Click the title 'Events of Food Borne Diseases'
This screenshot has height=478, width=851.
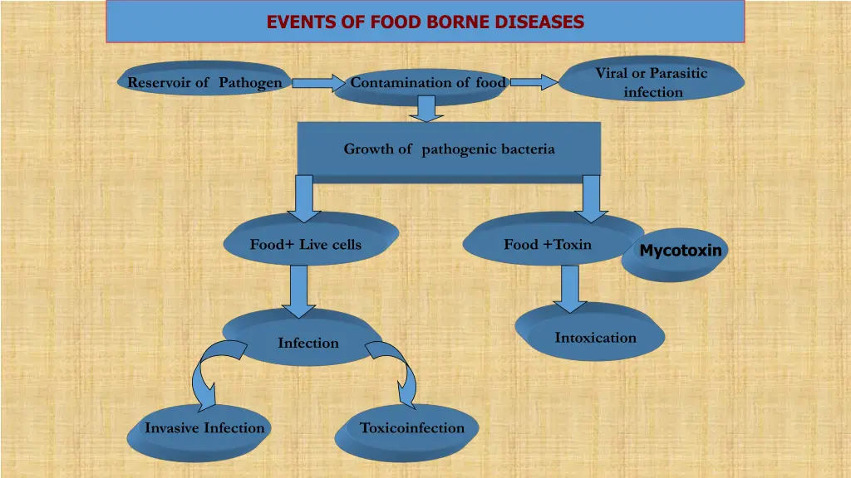click(425, 22)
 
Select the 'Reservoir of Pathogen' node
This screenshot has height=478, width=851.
click(204, 82)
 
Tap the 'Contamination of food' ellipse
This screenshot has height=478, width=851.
click(427, 83)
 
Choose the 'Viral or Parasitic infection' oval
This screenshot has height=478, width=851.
click(652, 81)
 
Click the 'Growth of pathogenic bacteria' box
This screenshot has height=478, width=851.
click(449, 149)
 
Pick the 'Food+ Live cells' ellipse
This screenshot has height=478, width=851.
click(306, 244)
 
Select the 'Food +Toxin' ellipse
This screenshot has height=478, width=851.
click(548, 244)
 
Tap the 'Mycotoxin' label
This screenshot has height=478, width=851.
click(681, 250)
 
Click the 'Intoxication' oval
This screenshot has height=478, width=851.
click(595, 337)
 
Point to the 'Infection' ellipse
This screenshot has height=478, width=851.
click(307, 342)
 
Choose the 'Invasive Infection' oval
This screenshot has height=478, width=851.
click(204, 428)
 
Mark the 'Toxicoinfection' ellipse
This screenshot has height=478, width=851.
click(412, 428)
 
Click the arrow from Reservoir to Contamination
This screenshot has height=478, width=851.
click(318, 83)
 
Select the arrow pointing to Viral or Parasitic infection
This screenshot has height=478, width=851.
click(534, 82)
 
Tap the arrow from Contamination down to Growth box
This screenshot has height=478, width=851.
click(426, 108)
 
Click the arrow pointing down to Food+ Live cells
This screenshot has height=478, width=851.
click(304, 199)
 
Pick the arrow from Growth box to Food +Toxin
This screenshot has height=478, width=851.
click(592, 199)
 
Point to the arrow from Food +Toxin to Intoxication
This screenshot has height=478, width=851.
click(569, 287)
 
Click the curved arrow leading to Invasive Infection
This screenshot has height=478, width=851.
click(208, 373)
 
